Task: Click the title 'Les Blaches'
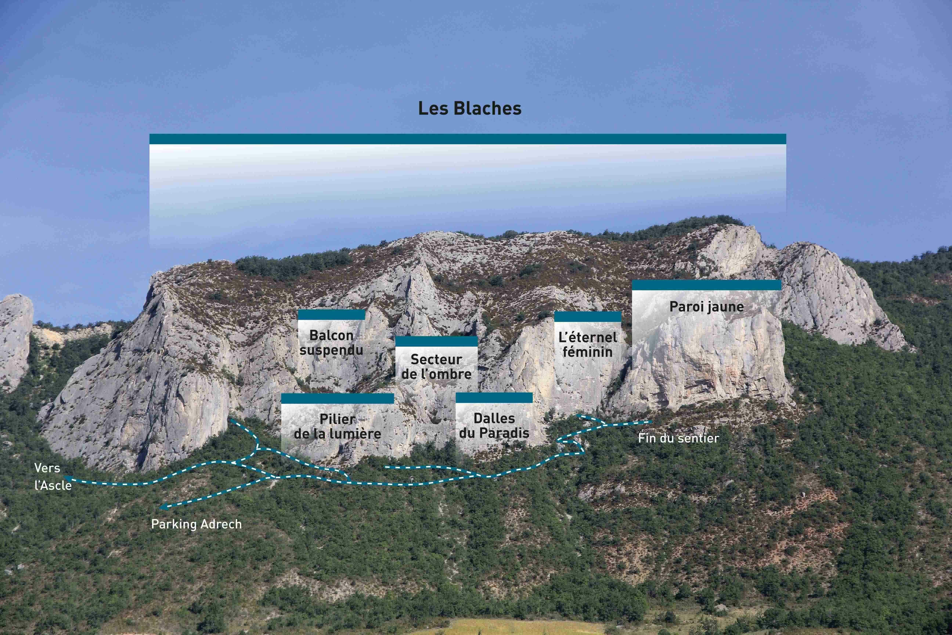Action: coord(470,109)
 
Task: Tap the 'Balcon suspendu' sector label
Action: coord(331,343)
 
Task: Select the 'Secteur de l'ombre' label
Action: coord(436,367)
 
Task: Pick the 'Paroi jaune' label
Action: coord(706,306)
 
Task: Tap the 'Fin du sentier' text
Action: coord(678,438)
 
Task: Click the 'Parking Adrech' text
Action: coord(196,524)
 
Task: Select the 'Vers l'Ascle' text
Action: coord(53,477)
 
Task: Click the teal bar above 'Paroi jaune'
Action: coord(706,285)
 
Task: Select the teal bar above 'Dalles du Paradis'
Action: coord(494,398)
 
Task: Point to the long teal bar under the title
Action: coord(468,139)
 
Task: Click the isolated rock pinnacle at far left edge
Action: coord(15,336)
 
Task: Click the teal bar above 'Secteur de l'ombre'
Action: coord(436,341)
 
